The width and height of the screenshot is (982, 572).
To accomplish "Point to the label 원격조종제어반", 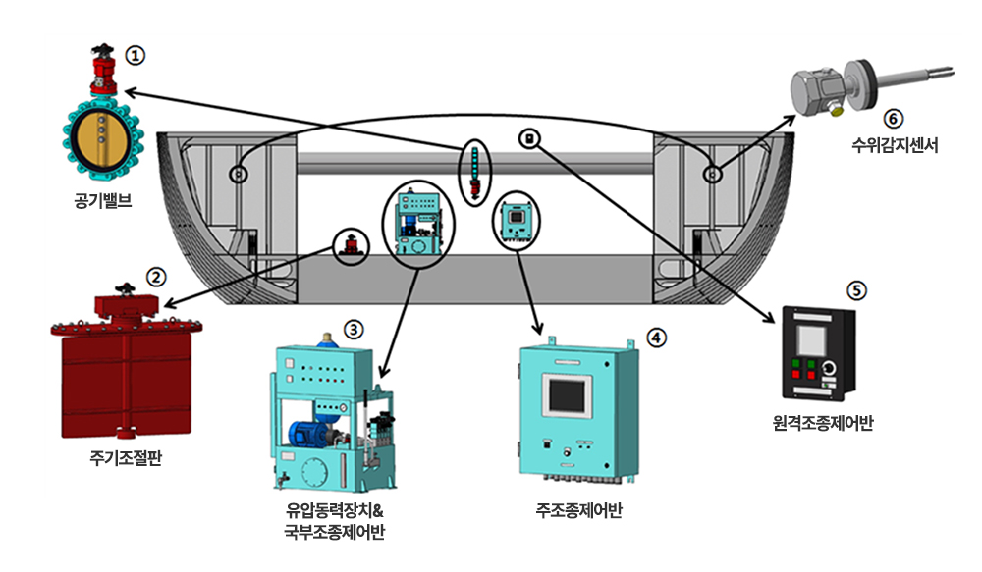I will (x=823, y=424).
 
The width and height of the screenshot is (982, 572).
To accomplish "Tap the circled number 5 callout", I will (x=857, y=290).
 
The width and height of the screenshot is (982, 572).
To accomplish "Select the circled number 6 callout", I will (x=892, y=119).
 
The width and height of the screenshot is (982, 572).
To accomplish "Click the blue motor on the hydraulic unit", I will (x=309, y=433).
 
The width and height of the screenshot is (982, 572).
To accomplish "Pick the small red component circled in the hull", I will (x=350, y=246).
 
